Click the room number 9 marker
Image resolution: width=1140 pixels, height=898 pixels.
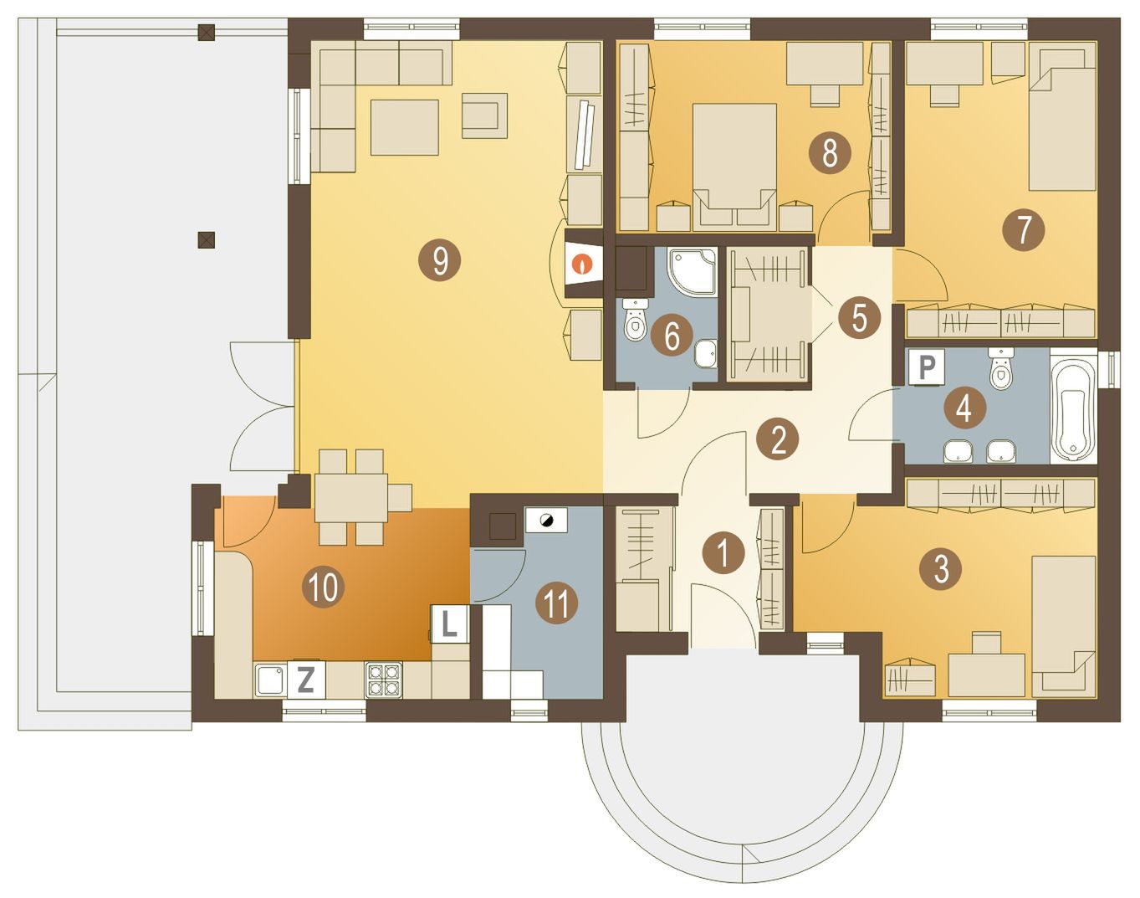pyautogui.click(x=439, y=260)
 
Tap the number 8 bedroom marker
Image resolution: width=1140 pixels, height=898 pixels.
pyautogui.click(x=830, y=152)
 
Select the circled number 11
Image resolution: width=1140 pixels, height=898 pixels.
pyautogui.click(x=556, y=603)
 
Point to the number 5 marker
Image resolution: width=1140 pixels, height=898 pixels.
pyautogui.click(x=859, y=317)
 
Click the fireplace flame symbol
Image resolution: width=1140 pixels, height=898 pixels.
pyautogui.click(x=583, y=264)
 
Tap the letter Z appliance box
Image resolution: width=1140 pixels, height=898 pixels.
pyautogui.click(x=305, y=680)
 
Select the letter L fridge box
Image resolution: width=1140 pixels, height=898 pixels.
pyautogui.click(x=450, y=624)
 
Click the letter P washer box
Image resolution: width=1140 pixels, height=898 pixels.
pyautogui.click(x=927, y=367)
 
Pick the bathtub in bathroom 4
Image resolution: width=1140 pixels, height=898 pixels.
pyautogui.click(x=1073, y=406)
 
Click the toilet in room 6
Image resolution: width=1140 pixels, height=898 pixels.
pyautogui.click(x=635, y=321)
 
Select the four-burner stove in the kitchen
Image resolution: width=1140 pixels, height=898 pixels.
pyautogui.click(x=383, y=679)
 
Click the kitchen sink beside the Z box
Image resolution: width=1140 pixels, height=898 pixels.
pyautogui.click(x=270, y=680)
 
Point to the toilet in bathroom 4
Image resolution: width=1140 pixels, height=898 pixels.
pyautogui.click(x=1000, y=369)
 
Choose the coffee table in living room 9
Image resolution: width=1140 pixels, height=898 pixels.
pyautogui.click(x=405, y=127)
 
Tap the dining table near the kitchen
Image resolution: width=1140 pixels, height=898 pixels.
pyautogui.click(x=351, y=498)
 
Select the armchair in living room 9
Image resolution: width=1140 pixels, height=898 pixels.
pyautogui.click(x=484, y=115)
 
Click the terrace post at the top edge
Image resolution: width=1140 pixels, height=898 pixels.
pyautogui.click(x=206, y=33)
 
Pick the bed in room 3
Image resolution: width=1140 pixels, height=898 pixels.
pyautogui.click(x=1064, y=626)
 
